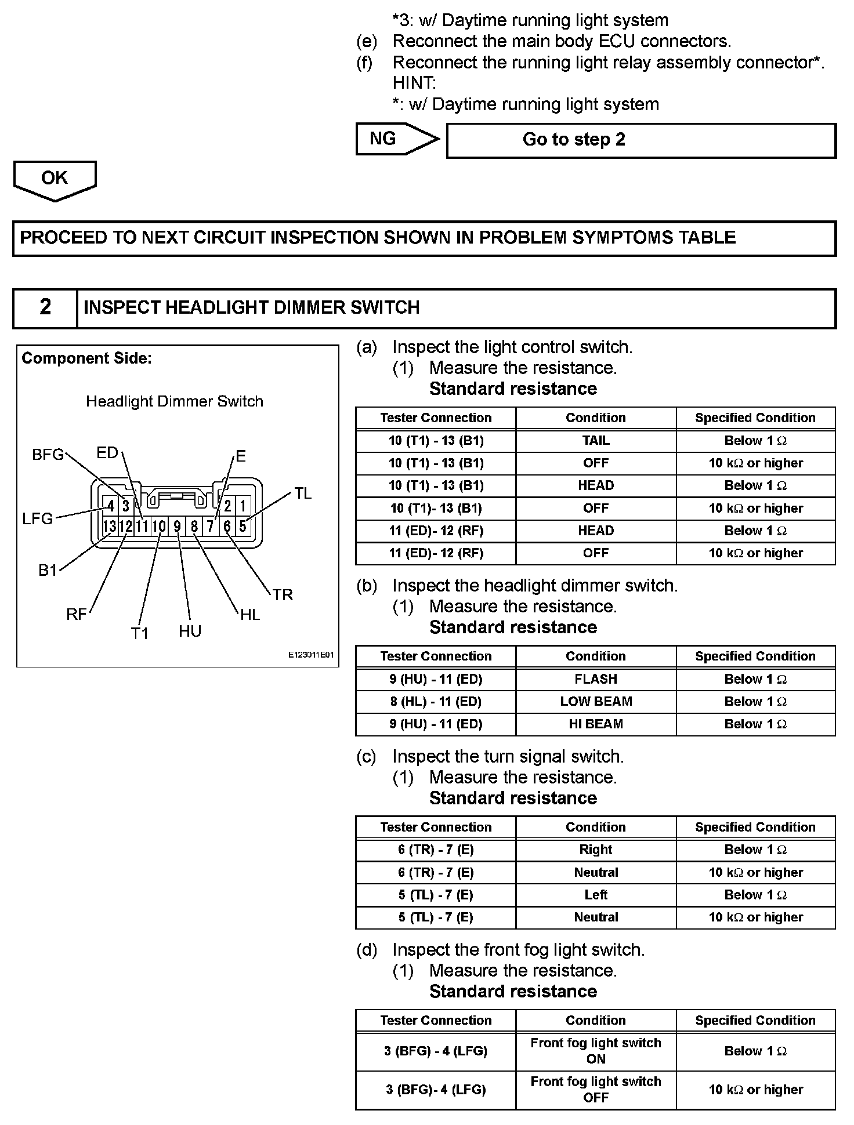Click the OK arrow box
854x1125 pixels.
tap(55, 179)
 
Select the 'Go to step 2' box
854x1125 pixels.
tap(640, 140)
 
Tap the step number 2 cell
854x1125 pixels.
tap(45, 307)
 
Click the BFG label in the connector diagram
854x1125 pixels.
tap(48, 455)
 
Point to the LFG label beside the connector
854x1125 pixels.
tap(38, 518)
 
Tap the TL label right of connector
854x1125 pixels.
tap(303, 493)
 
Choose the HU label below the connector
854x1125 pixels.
tap(190, 632)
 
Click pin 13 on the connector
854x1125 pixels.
tap(109, 527)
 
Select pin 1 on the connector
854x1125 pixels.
tap(243, 506)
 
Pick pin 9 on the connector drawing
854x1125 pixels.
tap(177, 527)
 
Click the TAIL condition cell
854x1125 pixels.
tap(596, 441)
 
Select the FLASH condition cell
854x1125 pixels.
tap(596, 679)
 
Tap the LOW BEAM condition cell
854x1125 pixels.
tap(596, 702)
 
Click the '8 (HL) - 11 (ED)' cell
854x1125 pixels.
tap(436, 702)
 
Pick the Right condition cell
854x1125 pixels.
tap(596, 850)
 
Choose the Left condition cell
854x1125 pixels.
tap(596, 895)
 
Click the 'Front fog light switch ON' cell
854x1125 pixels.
tap(596, 1051)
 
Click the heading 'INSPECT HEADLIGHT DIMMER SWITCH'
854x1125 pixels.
tap(251, 307)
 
